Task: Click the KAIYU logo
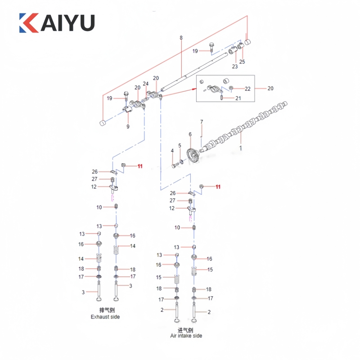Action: [x=57, y=22]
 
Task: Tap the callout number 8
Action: [x=181, y=38]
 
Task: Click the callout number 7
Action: [x=202, y=122]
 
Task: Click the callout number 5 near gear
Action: [x=180, y=145]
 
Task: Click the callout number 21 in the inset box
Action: [x=238, y=99]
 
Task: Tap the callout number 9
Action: [x=128, y=127]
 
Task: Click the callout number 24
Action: [x=145, y=84]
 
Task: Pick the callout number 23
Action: [x=234, y=67]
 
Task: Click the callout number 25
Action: [x=242, y=62]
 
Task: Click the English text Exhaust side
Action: [x=105, y=317]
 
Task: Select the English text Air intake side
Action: [x=186, y=336]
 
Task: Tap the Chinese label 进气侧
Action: [x=185, y=330]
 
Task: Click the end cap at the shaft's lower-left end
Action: [x=103, y=122]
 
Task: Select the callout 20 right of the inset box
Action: [x=270, y=88]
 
